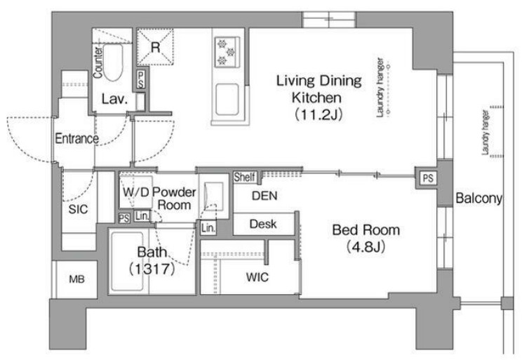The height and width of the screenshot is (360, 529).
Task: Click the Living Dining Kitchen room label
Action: [x=319, y=89]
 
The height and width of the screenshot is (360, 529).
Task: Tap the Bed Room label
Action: [x=366, y=229]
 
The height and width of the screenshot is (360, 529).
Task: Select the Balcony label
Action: [x=478, y=198]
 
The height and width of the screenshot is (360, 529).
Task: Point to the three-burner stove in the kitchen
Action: [x=227, y=52]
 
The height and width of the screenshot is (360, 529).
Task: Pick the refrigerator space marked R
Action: [x=155, y=47]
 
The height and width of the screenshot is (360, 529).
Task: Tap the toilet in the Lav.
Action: [x=113, y=62]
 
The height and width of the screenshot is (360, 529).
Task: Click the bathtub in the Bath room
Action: [x=127, y=262]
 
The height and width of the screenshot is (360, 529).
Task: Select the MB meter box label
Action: [x=77, y=279]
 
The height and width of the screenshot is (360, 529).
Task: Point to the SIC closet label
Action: [x=78, y=209]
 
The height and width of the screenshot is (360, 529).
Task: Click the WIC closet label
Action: [x=257, y=277]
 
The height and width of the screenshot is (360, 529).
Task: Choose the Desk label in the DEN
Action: [x=263, y=224]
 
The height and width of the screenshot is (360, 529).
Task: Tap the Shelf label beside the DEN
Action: [x=245, y=177]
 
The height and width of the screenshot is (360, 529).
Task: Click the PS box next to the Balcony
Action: [x=428, y=178]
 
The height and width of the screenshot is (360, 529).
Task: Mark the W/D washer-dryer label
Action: [x=135, y=192]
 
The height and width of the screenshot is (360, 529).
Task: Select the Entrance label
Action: [x=77, y=138]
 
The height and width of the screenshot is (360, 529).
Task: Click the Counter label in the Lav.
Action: [x=98, y=62]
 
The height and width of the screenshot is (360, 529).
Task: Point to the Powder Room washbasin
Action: [x=214, y=196]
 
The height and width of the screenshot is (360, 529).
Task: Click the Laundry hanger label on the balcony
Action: [x=485, y=133]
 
